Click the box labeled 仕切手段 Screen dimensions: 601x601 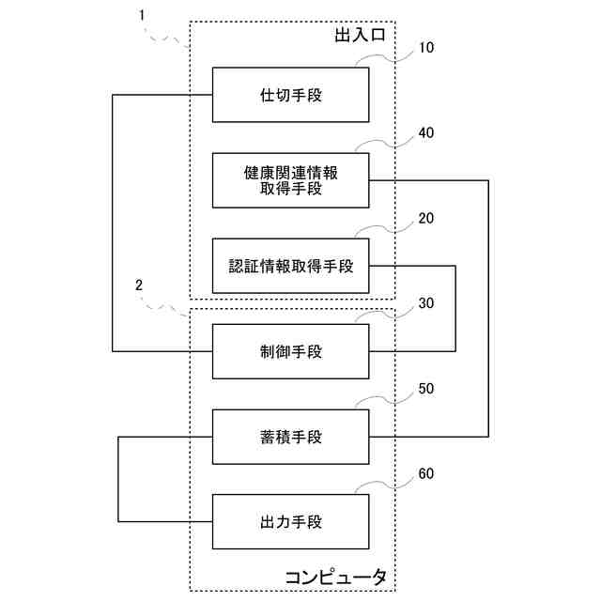pos(291,94)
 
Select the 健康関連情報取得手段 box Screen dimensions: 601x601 pos(291,179)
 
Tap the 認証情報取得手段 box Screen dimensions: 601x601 pos(291,266)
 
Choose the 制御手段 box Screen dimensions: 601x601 pos(291,351)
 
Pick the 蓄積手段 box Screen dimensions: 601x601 pos(291,437)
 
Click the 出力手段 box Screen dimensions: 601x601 pos(291,521)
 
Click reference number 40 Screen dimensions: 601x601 pos(425,132)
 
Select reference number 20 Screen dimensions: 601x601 pos(425,218)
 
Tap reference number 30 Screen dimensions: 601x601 pos(425,303)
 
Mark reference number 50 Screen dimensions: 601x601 pos(425,388)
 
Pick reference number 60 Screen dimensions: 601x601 pos(425,473)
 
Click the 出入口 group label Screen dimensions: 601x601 pos(361,36)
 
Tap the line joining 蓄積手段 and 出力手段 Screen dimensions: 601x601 pos(119,479)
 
